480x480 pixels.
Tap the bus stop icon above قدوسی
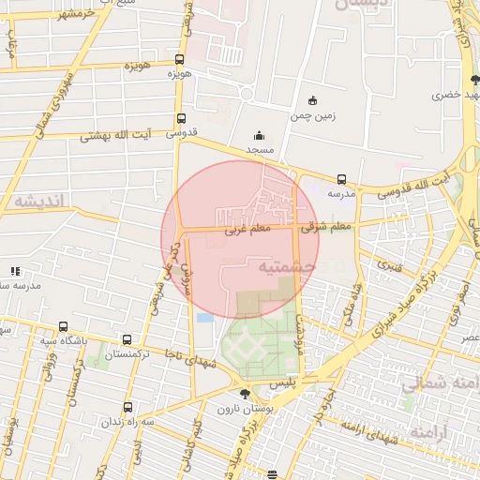180,119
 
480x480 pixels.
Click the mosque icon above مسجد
259,136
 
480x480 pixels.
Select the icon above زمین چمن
312,101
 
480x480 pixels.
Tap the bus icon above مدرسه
340,179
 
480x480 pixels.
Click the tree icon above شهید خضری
474,80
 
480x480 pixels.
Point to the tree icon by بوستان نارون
245,395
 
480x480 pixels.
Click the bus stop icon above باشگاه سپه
63,327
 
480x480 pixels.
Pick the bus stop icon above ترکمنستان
127,340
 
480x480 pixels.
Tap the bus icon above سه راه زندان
127,407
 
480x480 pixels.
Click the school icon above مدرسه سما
16,270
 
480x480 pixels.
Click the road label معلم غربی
247,228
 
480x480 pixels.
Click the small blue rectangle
205,318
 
